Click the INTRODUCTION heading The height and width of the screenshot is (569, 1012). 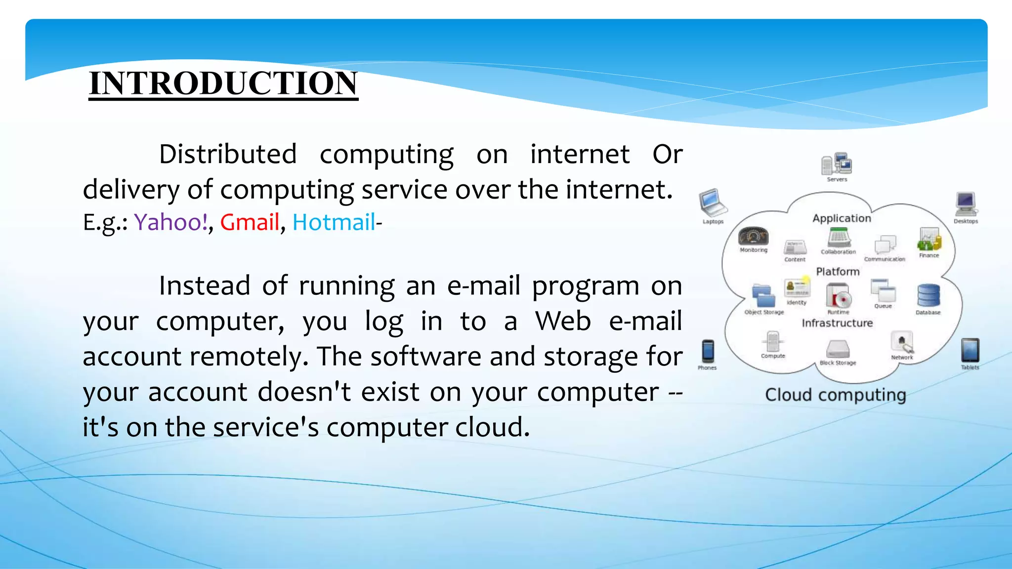click(223, 83)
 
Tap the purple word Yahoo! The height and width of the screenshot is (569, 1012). click(171, 222)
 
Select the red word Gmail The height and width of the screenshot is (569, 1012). click(250, 222)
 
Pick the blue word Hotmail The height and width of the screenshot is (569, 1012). click(334, 222)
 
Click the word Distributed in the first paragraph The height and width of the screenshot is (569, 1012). click(228, 155)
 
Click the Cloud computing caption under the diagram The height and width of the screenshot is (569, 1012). click(836, 395)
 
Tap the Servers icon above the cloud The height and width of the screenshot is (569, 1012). click(837, 164)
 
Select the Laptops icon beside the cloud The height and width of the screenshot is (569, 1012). click(712, 203)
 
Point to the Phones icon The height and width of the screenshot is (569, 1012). click(708, 351)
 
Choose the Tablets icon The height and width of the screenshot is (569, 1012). click(970, 350)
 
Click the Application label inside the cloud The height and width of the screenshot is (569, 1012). click(842, 218)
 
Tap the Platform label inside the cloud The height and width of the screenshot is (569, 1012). click(838, 272)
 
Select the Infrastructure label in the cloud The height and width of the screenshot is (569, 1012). click(837, 323)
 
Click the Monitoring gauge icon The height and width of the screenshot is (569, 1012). click(754, 237)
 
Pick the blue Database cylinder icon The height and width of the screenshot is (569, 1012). click(928, 296)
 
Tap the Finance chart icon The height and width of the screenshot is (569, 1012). click(929, 240)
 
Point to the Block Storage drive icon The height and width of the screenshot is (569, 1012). click(838, 349)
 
